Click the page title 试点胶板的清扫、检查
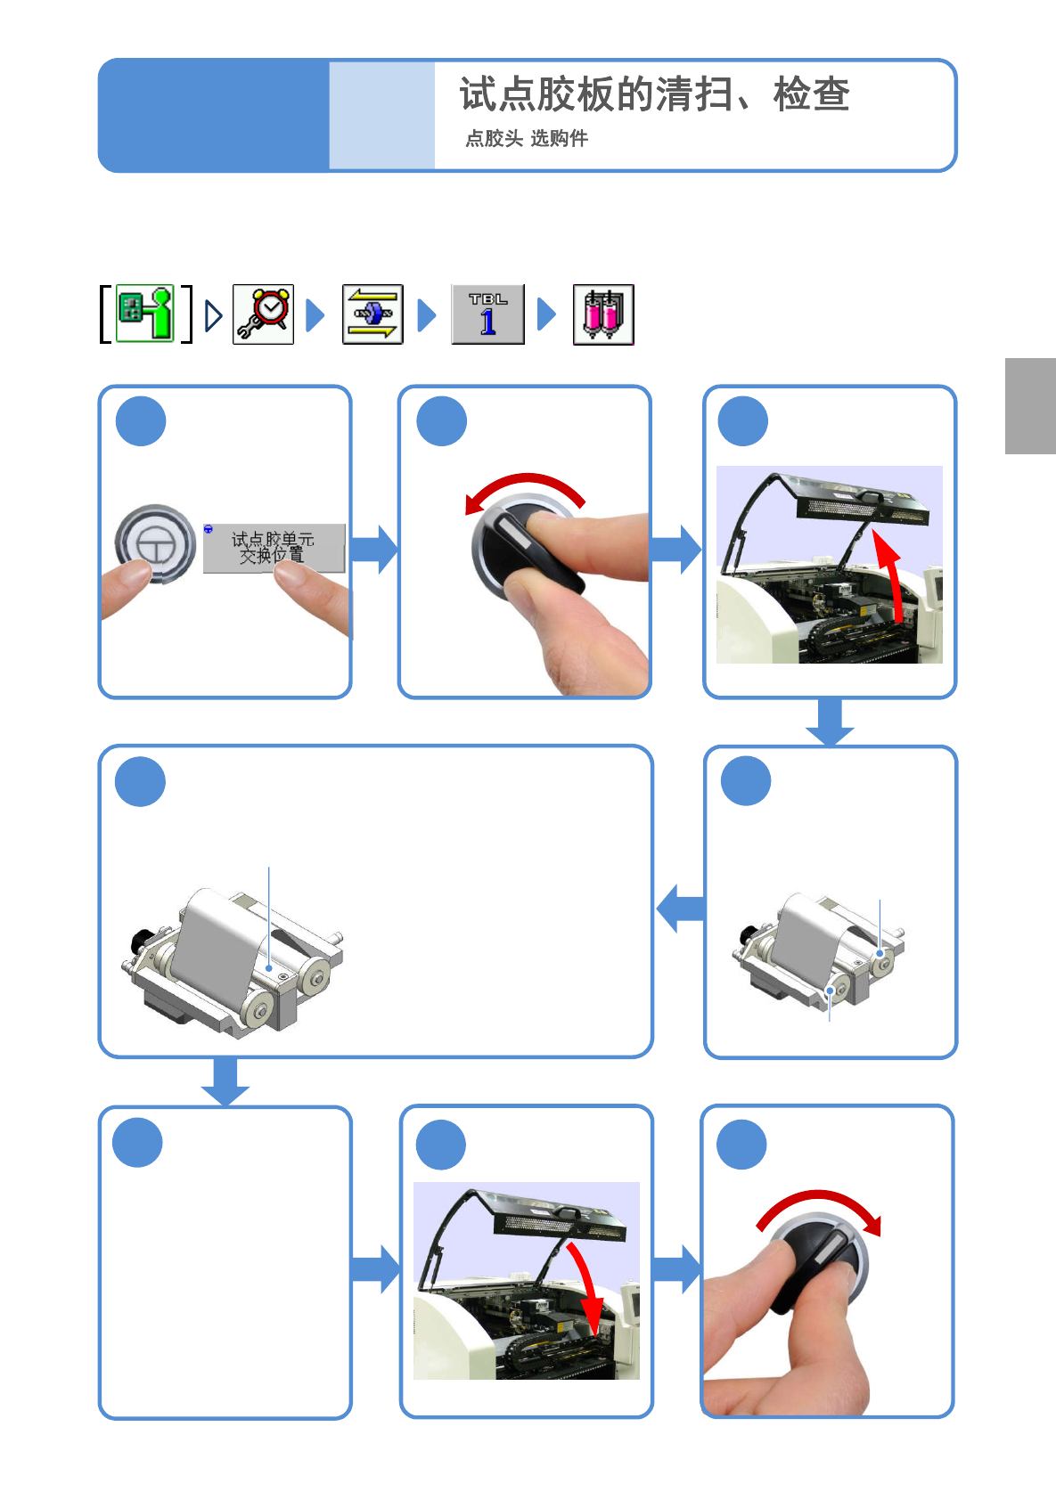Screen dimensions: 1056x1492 click(655, 94)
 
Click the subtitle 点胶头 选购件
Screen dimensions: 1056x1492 click(527, 139)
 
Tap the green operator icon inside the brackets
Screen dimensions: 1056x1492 click(145, 313)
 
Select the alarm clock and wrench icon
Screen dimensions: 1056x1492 click(263, 314)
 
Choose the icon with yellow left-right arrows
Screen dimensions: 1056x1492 click(372, 314)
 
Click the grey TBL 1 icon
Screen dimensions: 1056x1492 click(487, 314)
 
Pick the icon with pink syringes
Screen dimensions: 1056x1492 click(603, 314)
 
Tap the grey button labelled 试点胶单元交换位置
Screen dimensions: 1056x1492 click(274, 548)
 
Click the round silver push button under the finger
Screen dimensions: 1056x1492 click(155, 543)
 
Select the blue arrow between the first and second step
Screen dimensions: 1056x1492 click(374, 550)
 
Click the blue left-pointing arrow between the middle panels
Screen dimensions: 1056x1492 click(680, 909)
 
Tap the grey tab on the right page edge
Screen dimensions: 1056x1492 click(1030, 405)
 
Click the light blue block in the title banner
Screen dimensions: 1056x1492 click(381, 115)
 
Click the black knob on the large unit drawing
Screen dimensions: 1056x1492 click(141, 941)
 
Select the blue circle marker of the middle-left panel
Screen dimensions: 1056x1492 click(140, 781)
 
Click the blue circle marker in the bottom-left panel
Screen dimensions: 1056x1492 click(137, 1142)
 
